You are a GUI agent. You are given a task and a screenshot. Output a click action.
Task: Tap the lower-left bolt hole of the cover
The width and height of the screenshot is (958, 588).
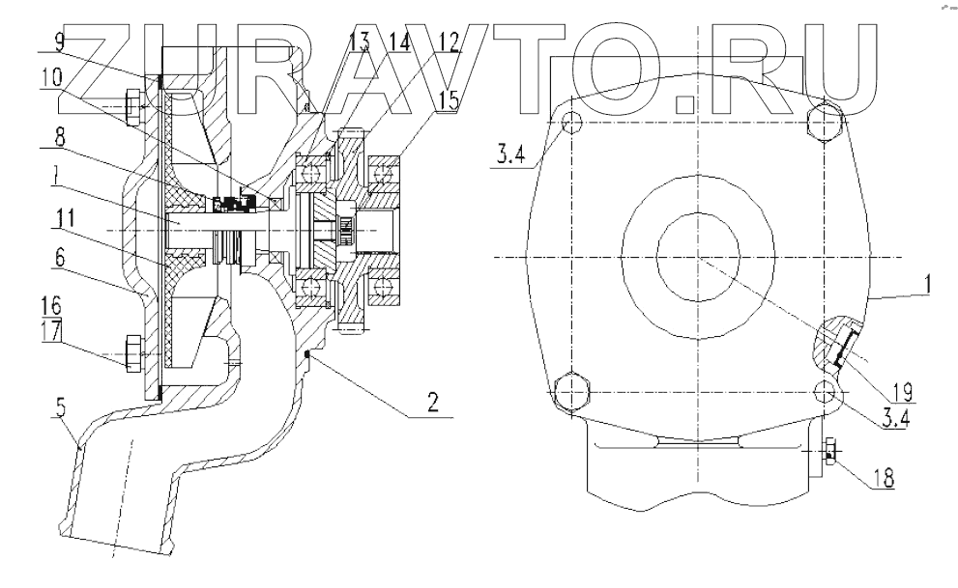[570, 390]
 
